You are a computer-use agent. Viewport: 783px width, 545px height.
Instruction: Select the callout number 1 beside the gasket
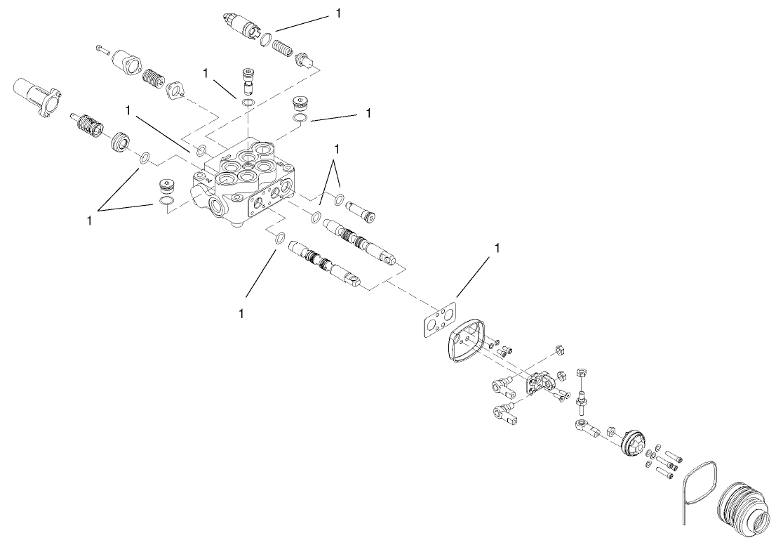coord(498,248)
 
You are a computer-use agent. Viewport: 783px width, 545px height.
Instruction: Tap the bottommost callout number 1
coord(241,313)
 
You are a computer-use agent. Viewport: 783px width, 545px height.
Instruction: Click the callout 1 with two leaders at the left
coord(90,220)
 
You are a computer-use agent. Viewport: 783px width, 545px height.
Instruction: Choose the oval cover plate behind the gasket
coord(463,344)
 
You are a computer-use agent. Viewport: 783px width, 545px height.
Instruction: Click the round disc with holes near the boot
coord(634,442)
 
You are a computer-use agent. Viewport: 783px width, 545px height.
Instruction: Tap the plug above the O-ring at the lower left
coord(166,188)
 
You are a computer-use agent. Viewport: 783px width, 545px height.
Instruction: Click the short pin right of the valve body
coord(361,209)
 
